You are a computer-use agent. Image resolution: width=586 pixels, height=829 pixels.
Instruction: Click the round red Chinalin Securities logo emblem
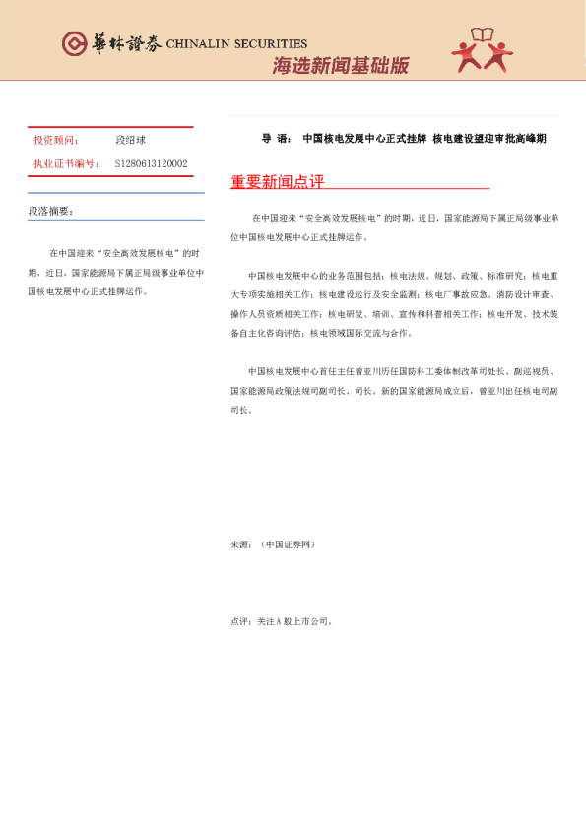click(75, 43)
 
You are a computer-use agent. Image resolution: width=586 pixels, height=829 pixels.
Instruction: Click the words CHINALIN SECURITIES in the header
click(236, 43)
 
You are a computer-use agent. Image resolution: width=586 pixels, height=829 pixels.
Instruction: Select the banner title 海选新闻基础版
click(340, 67)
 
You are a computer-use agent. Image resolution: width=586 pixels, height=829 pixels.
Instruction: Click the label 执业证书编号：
click(66, 163)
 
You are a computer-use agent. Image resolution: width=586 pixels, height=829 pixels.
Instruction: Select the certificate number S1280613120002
click(151, 163)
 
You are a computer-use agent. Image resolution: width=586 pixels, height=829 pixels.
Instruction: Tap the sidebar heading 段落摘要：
click(50, 212)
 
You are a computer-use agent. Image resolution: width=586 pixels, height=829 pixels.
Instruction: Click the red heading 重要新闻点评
click(277, 182)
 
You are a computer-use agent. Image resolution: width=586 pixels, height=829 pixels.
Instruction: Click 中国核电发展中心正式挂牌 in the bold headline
click(364, 139)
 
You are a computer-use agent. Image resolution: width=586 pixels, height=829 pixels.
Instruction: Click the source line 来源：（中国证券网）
click(273, 543)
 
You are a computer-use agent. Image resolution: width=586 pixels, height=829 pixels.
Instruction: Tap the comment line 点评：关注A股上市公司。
click(283, 621)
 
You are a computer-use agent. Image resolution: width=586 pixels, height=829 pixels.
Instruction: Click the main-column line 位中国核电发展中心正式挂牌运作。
click(297, 237)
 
